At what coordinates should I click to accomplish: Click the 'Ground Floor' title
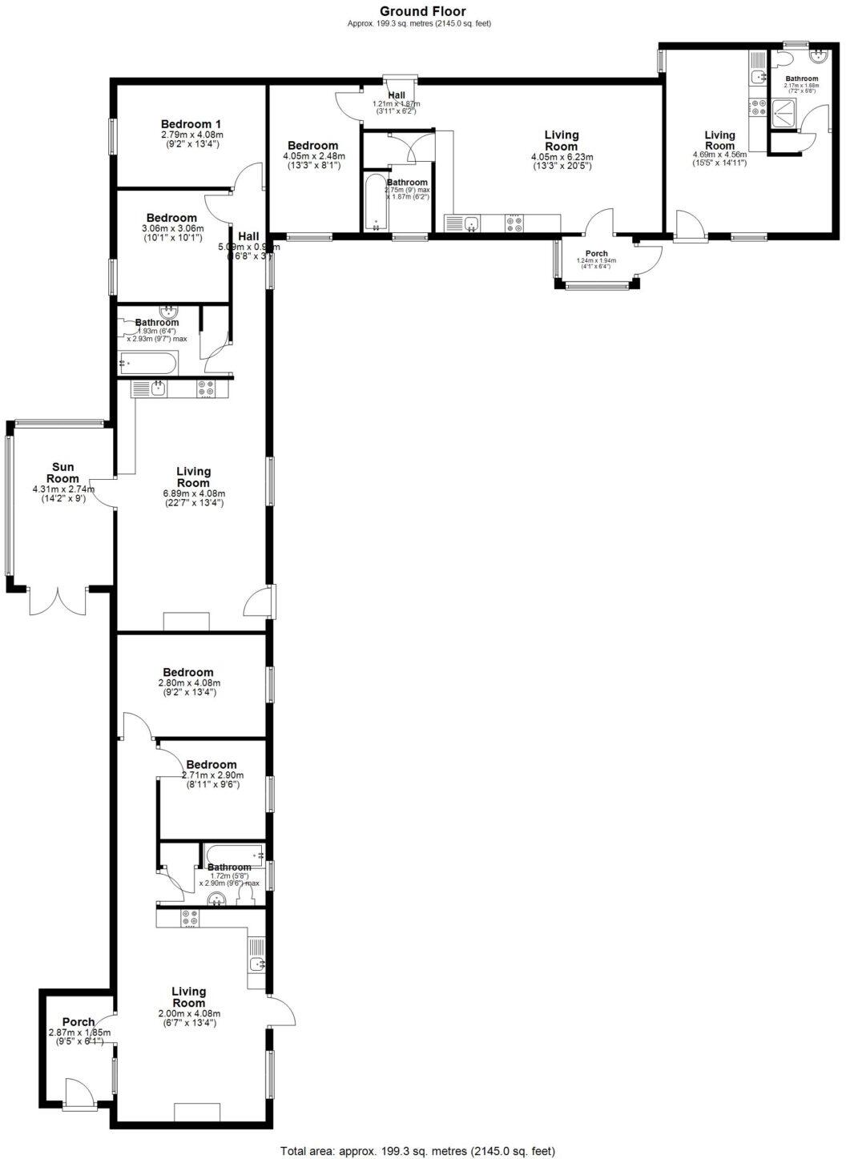pos(422,11)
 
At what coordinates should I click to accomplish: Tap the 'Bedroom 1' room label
pos(191,124)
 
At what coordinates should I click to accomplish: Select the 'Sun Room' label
pos(63,473)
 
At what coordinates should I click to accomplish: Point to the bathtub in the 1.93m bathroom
pos(147,364)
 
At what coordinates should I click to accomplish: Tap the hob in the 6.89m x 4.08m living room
pos(205,389)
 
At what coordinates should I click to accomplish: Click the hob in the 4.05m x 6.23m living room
pos(514,223)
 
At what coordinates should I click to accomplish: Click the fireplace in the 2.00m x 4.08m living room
pos(197,1112)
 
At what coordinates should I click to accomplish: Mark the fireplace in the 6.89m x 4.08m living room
pos(186,622)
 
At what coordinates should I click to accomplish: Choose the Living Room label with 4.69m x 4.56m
pos(719,140)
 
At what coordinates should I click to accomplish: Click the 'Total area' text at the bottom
pos(417,1151)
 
